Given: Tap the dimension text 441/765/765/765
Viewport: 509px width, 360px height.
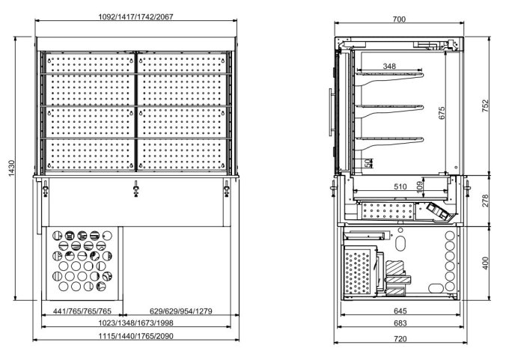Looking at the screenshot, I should (x=82, y=311).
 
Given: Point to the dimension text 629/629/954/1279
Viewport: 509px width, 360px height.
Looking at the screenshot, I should (x=180, y=311).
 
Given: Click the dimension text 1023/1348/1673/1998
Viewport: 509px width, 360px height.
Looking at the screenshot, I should (x=135, y=324).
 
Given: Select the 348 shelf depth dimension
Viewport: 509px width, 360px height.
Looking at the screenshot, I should (x=389, y=67).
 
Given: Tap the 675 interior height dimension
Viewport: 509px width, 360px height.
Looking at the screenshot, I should (x=442, y=112).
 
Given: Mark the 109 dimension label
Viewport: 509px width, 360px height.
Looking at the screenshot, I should (x=419, y=186).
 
